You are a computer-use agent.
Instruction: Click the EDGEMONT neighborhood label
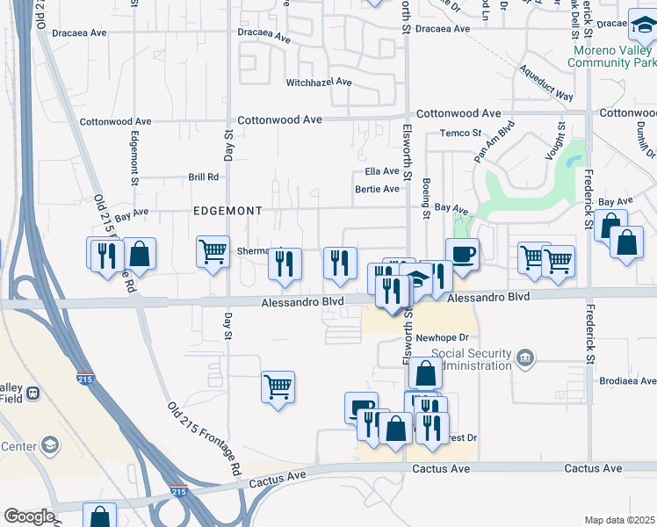point(227,212)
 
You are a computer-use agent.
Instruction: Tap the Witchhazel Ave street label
point(319,83)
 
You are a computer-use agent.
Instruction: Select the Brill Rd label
point(204,177)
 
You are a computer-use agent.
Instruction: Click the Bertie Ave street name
point(377,189)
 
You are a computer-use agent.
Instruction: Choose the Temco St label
point(462,134)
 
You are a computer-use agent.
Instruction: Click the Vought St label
point(560,136)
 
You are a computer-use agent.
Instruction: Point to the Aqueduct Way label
point(545,82)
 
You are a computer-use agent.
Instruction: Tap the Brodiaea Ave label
point(629,381)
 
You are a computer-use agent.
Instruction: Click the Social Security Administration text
point(471,358)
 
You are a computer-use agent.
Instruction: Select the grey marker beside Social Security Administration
point(525,357)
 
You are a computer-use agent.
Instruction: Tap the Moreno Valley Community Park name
point(613,56)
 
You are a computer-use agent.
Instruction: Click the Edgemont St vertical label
point(135,158)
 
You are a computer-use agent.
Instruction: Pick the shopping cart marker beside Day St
point(213,253)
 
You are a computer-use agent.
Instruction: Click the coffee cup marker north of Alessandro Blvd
point(463,254)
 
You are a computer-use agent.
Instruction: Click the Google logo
point(29,516)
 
